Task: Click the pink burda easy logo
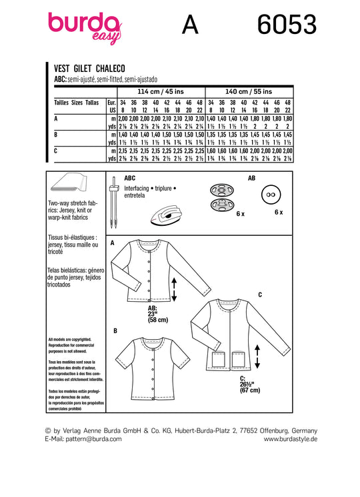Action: tap(85, 27)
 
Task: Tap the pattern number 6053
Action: tap(287, 25)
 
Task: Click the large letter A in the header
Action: tap(190, 25)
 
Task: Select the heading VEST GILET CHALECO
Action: tap(89, 69)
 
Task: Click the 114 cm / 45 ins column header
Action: tap(161, 91)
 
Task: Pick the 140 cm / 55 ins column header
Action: tap(249, 91)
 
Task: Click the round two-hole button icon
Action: tap(271, 195)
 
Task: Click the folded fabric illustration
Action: tap(69, 183)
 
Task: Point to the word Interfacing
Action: tap(137, 189)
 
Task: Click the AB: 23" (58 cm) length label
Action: tap(157, 314)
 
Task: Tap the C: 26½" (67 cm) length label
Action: tap(250, 384)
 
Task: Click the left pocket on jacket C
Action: tap(219, 359)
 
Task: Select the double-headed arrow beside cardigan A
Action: tap(174, 289)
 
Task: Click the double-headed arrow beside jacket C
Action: tap(257, 356)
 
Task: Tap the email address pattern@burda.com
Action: tap(93, 439)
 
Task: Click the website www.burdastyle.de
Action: tap(291, 439)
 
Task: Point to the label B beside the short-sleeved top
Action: tap(115, 331)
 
